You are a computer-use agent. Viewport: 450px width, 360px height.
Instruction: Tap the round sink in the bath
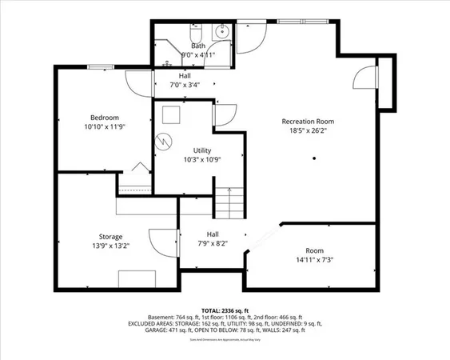[x=223, y=34]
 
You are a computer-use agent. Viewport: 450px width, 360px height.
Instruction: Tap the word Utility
[x=201, y=150]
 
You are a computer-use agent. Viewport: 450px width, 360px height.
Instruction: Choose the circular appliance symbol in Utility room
[x=165, y=140]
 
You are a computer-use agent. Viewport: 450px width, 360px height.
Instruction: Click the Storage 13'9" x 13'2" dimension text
[x=110, y=246]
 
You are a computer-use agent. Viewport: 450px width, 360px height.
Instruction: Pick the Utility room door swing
[x=224, y=114]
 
